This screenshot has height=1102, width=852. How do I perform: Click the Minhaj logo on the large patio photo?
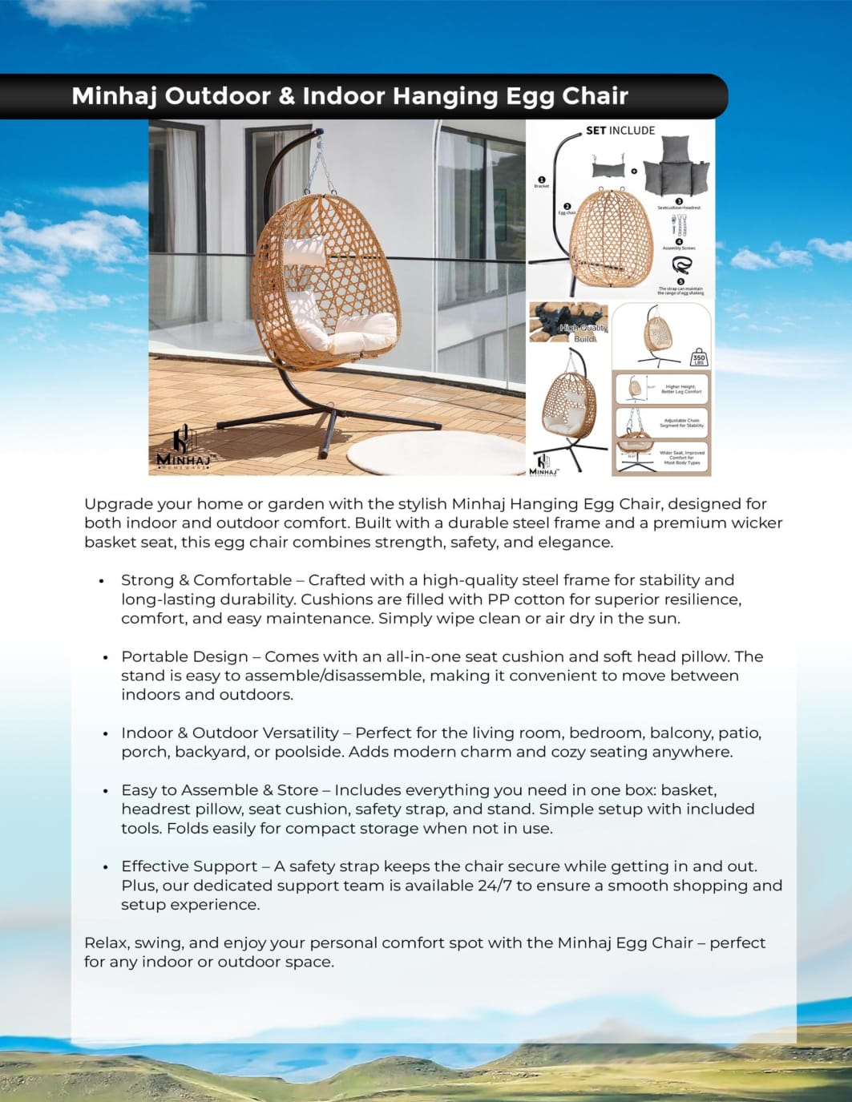tap(183, 450)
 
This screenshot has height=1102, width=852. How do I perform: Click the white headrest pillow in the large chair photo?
tap(305, 252)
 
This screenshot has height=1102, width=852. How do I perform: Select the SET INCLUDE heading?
tap(620, 131)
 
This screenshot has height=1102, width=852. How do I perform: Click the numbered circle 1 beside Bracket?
tap(541, 180)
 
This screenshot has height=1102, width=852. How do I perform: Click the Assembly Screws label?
tap(679, 248)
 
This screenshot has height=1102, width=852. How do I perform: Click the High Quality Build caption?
tap(583, 333)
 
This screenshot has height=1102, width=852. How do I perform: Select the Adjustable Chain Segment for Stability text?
tap(681, 422)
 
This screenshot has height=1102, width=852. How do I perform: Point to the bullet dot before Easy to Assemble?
tap(105, 791)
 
